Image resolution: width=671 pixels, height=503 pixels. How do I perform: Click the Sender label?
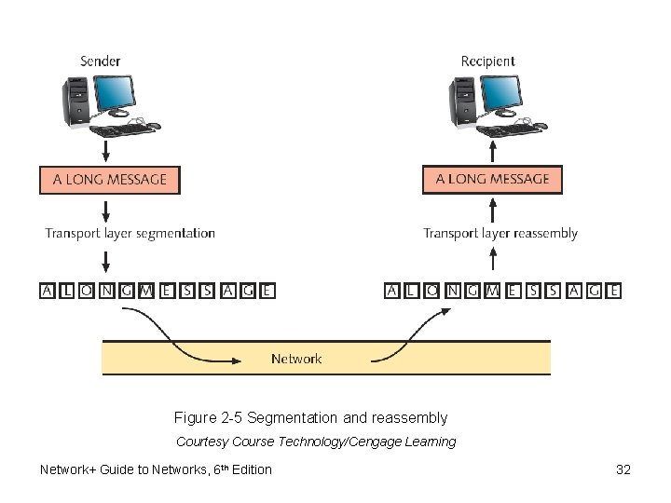tap(100, 61)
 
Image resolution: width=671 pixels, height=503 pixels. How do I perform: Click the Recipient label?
tap(487, 61)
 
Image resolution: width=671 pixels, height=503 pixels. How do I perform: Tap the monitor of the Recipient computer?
tap(502, 94)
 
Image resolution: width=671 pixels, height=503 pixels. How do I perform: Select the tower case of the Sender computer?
tap(75, 102)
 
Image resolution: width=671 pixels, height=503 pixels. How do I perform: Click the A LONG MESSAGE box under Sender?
tap(109, 180)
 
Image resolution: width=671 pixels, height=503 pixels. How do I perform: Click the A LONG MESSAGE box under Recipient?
tap(492, 180)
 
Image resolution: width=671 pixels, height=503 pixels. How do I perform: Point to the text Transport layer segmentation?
tap(130, 234)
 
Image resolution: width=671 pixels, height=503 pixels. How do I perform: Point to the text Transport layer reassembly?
tap(500, 234)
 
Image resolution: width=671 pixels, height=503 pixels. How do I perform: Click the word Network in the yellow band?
tap(296, 359)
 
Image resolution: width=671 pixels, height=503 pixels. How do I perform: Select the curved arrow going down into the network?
tap(177, 335)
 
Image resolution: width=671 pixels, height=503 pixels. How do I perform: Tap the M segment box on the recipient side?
tap(492, 291)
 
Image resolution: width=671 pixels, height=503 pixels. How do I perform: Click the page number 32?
tap(623, 469)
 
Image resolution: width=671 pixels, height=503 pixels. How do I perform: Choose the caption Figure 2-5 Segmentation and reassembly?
tap(310, 418)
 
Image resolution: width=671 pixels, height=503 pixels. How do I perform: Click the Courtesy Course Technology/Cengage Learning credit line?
tap(316, 442)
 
